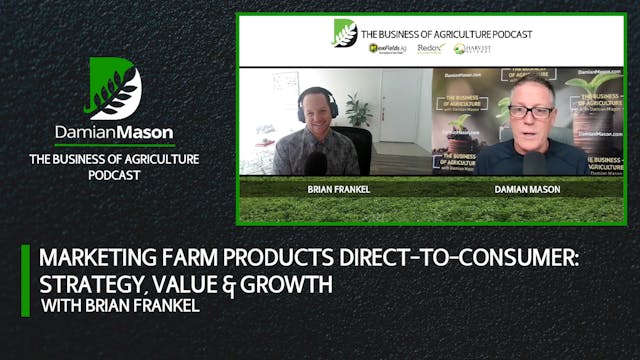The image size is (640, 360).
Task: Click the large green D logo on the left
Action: coord(114,87)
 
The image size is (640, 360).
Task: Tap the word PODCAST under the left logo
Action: coord(114,175)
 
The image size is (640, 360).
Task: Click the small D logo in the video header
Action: coord(345,33)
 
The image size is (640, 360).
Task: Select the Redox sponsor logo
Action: coord(429,48)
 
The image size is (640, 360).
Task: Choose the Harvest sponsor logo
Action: coord(473,48)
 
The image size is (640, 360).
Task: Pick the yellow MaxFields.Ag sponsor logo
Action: coord(386,48)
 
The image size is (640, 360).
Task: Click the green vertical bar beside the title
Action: coord(26,281)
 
